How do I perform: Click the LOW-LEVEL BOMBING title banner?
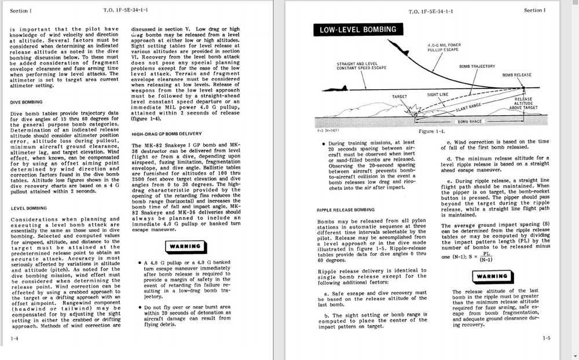point(358,30)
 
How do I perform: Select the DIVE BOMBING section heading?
point(26,102)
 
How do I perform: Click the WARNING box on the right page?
point(492,276)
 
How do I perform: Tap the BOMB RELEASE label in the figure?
point(516,75)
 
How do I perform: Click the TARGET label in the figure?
point(400,97)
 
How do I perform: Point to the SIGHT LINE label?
point(437,94)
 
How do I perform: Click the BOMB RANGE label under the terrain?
point(470,122)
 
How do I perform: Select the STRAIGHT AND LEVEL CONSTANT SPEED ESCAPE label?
point(358,66)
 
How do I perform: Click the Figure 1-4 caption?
point(431,131)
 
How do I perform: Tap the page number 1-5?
point(547,337)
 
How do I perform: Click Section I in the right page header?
point(534,10)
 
